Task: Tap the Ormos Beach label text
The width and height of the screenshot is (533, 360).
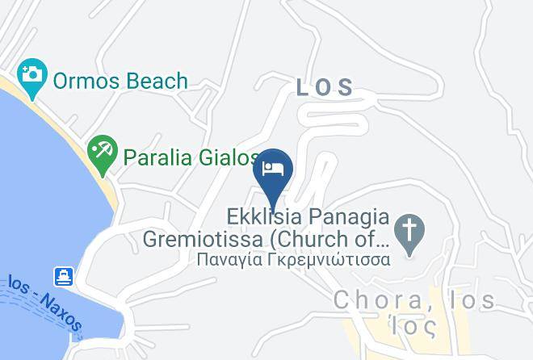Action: click(120, 81)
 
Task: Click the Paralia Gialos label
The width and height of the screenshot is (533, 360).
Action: click(191, 157)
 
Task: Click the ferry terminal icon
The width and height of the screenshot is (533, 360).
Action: click(64, 277)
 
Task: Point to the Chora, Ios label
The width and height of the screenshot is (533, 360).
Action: click(414, 301)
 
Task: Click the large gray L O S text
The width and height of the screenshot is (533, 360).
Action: click(325, 87)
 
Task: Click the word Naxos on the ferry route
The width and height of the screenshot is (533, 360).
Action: click(65, 313)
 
